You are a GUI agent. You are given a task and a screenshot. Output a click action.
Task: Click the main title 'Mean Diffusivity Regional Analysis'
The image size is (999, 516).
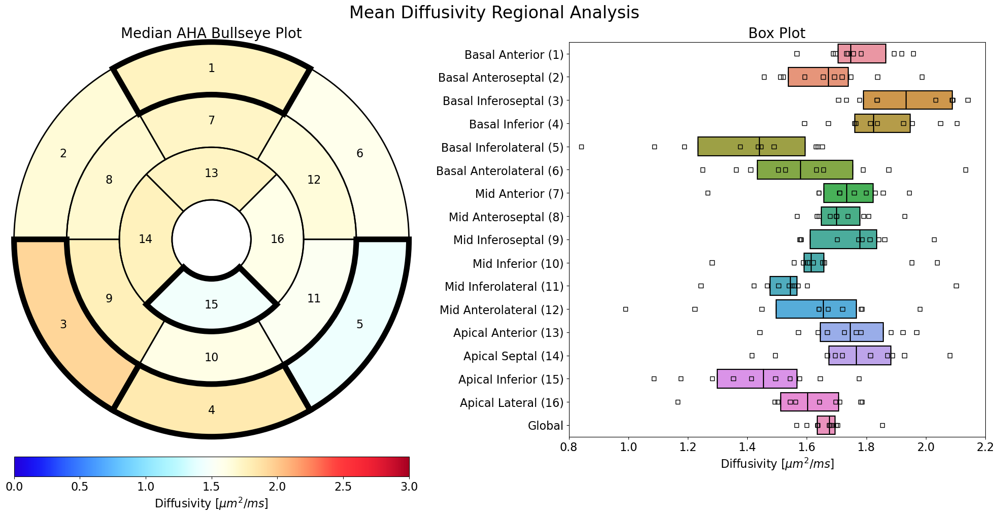pos(494,13)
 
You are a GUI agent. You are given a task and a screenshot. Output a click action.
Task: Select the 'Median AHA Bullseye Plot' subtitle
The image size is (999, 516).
pos(211,33)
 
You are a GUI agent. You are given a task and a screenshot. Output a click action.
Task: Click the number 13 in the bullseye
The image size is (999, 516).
pos(211,174)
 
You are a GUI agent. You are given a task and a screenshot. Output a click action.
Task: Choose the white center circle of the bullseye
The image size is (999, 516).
pos(211,239)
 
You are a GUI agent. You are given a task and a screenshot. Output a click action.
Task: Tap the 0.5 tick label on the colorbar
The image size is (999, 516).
pos(80,487)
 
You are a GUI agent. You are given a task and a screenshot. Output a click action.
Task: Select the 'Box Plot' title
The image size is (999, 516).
pos(777,33)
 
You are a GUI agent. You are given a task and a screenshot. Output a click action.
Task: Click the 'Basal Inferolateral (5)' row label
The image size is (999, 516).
pos(502,148)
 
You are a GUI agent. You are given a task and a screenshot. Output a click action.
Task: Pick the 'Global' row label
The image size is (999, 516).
pos(545,426)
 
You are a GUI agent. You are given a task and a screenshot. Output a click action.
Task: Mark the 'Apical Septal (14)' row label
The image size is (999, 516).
pos(513,356)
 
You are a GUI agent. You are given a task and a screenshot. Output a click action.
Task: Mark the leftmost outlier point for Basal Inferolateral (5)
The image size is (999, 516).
pos(581,147)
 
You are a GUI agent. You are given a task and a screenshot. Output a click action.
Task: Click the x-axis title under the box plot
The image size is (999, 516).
pos(777,464)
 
